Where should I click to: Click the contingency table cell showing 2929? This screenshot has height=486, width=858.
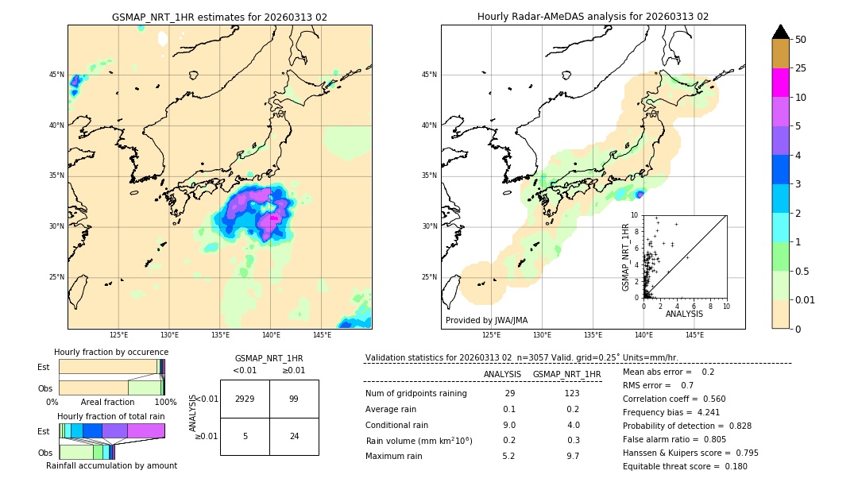coord(245,399)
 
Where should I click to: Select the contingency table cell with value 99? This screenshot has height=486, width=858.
coord(294,399)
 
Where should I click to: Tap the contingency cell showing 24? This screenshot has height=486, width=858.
coord(294,436)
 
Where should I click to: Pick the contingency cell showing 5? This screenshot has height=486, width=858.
coord(245,436)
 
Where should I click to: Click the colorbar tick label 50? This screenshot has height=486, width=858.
coord(801,40)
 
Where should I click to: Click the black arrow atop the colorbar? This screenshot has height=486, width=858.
coord(781,32)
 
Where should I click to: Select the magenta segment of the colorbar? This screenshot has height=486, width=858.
coord(781,83)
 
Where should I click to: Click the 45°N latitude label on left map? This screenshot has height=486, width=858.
coord(56,75)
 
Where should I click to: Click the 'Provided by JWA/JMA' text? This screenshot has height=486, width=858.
coord(486,321)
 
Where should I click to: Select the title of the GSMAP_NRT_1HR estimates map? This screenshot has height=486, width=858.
coord(219,17)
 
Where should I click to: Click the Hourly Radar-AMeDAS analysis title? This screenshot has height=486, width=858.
coord(593,17)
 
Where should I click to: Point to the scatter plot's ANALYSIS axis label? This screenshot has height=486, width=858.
coord(685,314)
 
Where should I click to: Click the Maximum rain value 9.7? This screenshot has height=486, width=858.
coord(571,456)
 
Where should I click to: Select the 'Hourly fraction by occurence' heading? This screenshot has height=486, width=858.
coord(111,352)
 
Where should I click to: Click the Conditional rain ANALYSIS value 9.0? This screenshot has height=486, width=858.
coord(509,425)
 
